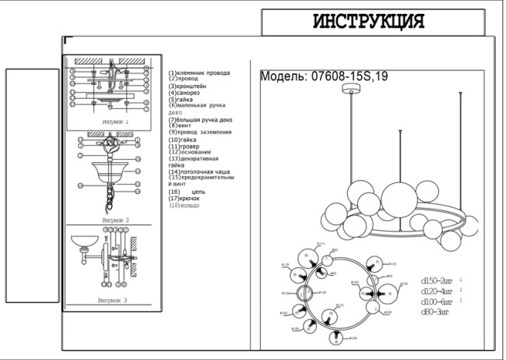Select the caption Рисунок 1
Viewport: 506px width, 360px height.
[114, 122]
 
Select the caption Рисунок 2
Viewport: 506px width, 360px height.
[114, 221]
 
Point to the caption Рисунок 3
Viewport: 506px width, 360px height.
[112, 299]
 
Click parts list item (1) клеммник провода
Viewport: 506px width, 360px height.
[199, 73]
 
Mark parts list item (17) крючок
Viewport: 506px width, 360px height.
[184, 199]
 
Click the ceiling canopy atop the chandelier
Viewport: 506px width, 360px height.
[353, 91]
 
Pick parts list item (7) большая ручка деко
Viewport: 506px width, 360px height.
[200, 120]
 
